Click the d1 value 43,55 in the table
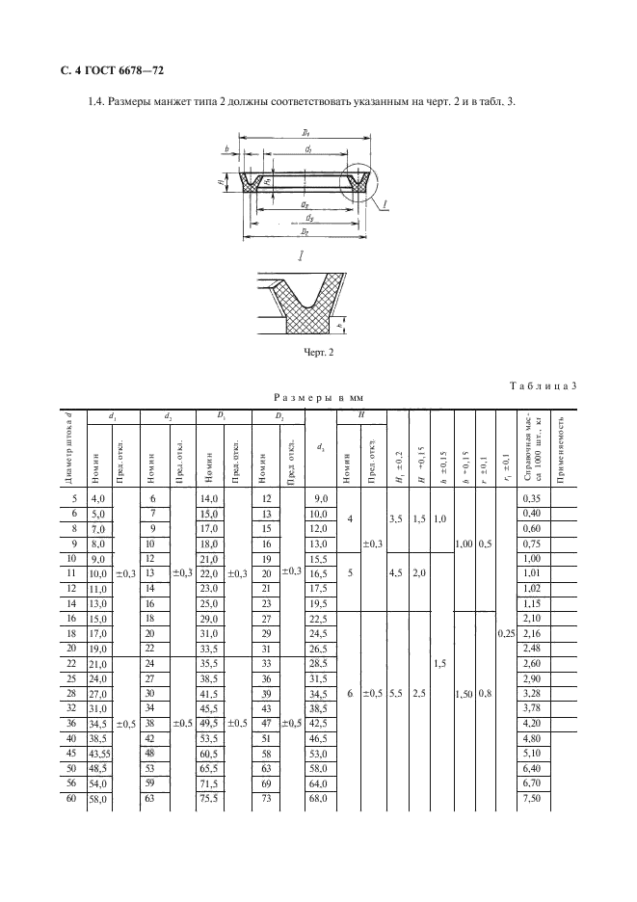click(98, 752)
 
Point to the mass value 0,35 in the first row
click(531, 497)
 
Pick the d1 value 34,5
click(98, 721)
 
